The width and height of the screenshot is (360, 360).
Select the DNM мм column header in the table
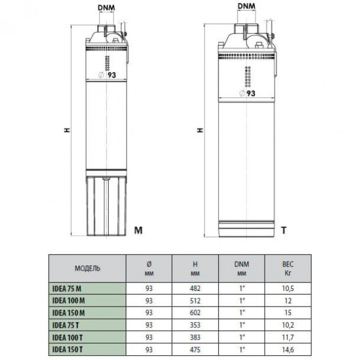pos(242,268)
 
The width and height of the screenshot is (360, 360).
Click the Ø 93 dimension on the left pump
pos(107,74)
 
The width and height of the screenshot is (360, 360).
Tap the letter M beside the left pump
pos(138,230)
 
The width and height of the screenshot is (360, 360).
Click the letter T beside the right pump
pos(284,230)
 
